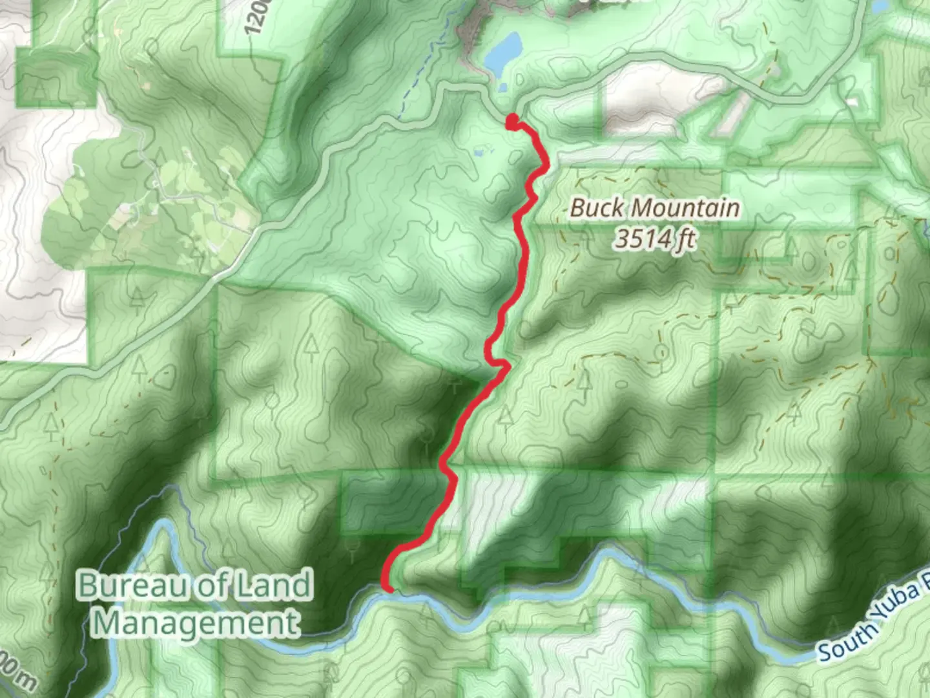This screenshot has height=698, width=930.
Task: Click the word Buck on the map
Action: [x=595, y=208]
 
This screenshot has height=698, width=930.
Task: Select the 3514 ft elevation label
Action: [x=654, y=239]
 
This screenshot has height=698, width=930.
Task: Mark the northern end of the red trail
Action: [x=512, y=121]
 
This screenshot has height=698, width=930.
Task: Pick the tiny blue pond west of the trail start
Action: [x=479, y=153]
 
